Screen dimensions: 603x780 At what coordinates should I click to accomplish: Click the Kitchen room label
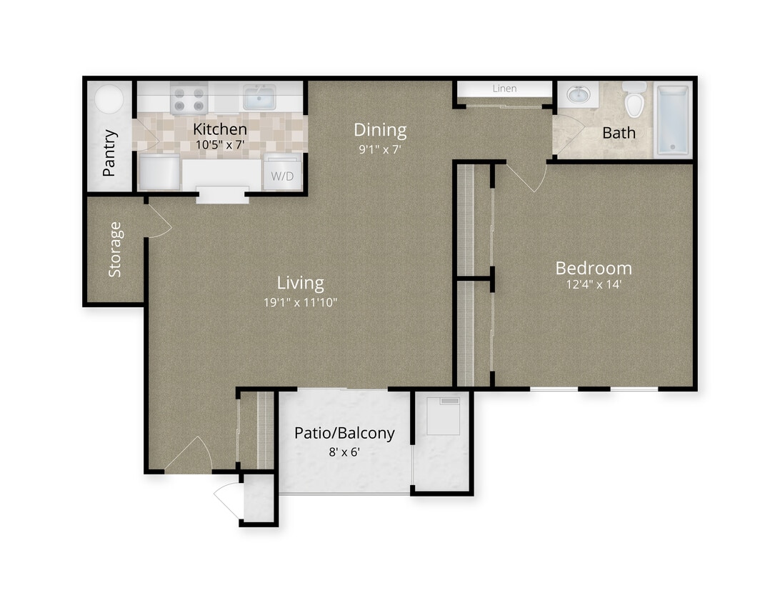220,129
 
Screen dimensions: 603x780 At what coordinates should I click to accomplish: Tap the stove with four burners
189,99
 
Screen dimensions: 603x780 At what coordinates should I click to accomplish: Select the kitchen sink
260,97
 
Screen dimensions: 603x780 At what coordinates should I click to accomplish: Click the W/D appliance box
283,175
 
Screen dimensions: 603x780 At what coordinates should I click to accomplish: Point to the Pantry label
109,152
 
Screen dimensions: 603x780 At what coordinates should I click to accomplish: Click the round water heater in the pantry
109,99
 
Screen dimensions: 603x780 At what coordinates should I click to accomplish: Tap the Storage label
115,249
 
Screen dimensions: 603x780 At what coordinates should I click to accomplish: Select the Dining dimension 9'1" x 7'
381,150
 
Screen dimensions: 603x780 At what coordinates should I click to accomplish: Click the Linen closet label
504,89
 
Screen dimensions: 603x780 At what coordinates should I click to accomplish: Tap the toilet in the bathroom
634,100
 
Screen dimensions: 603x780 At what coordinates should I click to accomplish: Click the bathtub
671,120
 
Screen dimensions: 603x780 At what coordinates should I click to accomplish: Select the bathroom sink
577,94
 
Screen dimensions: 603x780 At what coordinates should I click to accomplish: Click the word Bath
618,133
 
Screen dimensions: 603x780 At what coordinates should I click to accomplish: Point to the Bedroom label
594,268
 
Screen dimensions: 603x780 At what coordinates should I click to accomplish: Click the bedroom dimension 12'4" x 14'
594,284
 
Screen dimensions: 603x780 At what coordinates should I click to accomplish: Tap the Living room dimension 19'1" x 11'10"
300,302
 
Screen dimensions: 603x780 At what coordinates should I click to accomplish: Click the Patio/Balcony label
344,433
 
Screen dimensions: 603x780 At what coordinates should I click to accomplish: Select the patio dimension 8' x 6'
344,451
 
